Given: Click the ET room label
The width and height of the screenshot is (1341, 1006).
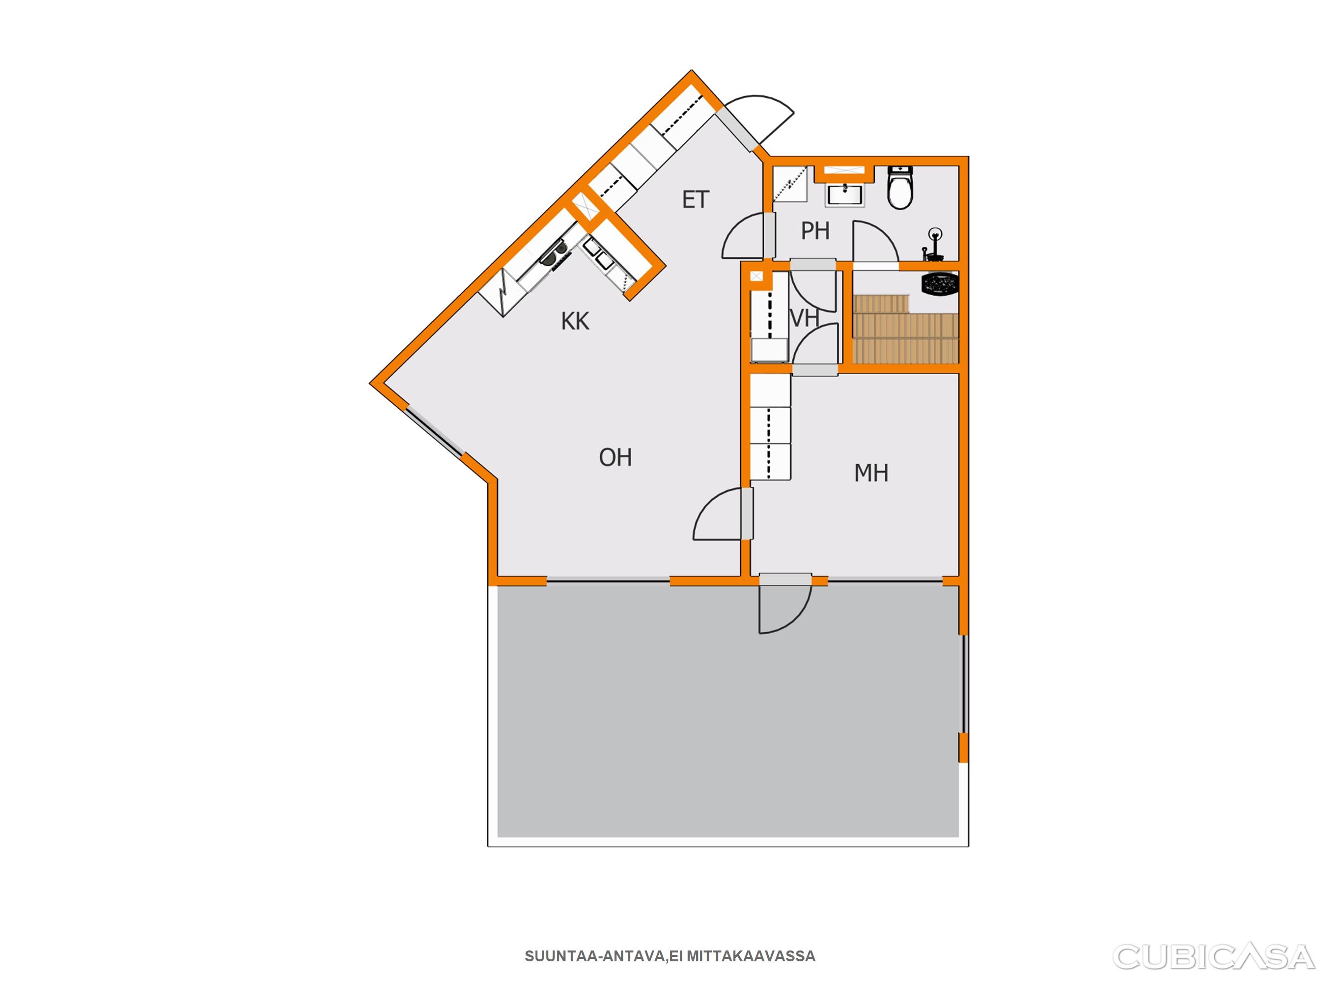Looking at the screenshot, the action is [x=696, y=199].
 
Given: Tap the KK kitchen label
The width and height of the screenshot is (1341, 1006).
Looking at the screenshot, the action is [x=575, y=321].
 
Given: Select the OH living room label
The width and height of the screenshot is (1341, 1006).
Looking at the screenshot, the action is [x=615, y=457].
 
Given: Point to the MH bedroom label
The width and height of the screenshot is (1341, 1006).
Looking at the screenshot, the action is [x=871, y=473].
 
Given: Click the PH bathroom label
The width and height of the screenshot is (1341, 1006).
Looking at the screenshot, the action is [x=815, y=230].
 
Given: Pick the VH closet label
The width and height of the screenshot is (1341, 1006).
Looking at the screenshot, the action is [x=805, y=318].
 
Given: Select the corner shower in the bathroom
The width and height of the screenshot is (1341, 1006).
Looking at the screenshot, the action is [x=790, y=184].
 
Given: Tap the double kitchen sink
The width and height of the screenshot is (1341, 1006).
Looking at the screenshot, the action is [x=173, y=254].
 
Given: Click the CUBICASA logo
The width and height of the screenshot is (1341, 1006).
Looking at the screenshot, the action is [x=1214, y=957].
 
